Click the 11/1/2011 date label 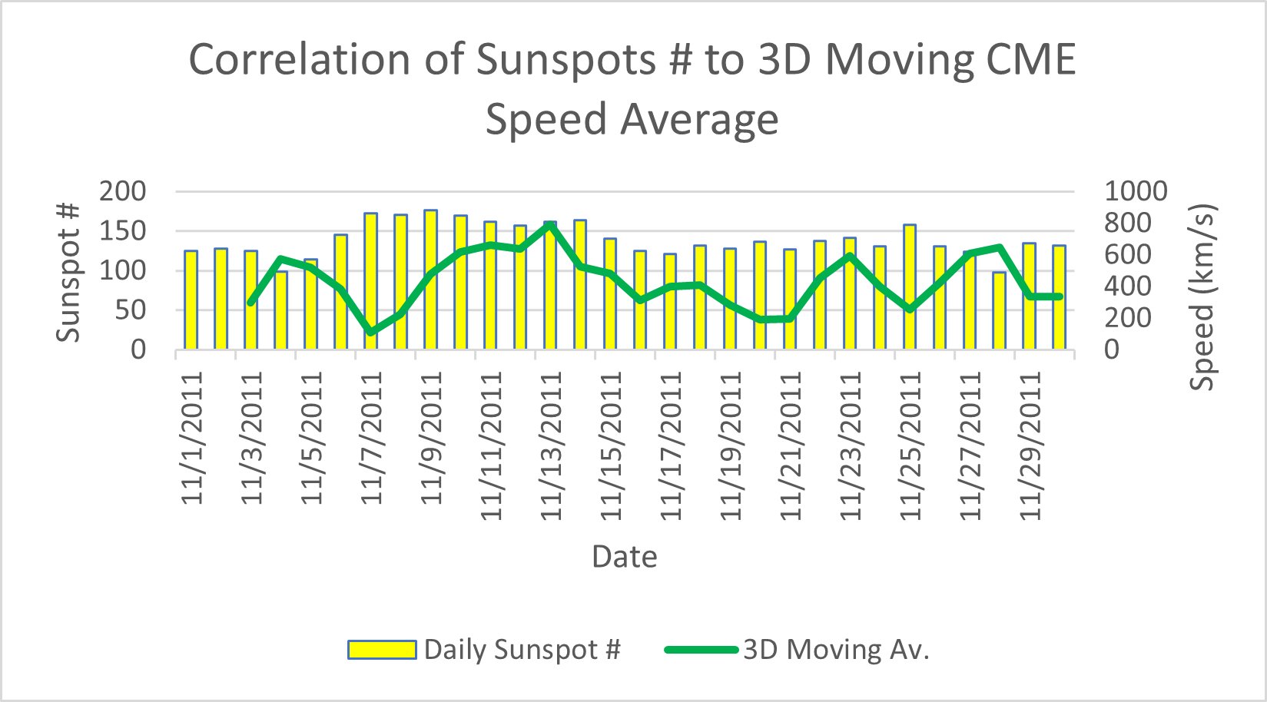[192, 437]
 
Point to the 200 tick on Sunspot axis [122, 191]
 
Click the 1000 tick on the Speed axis [1136, 191]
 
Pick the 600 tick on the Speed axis [1128, 254]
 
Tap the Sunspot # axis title [69, 270]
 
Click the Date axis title [624, 556]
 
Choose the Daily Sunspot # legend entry [484, 650]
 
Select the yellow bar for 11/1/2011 [191, 300]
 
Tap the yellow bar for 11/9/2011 [430, 280]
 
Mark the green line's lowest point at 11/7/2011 [370, 333]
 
